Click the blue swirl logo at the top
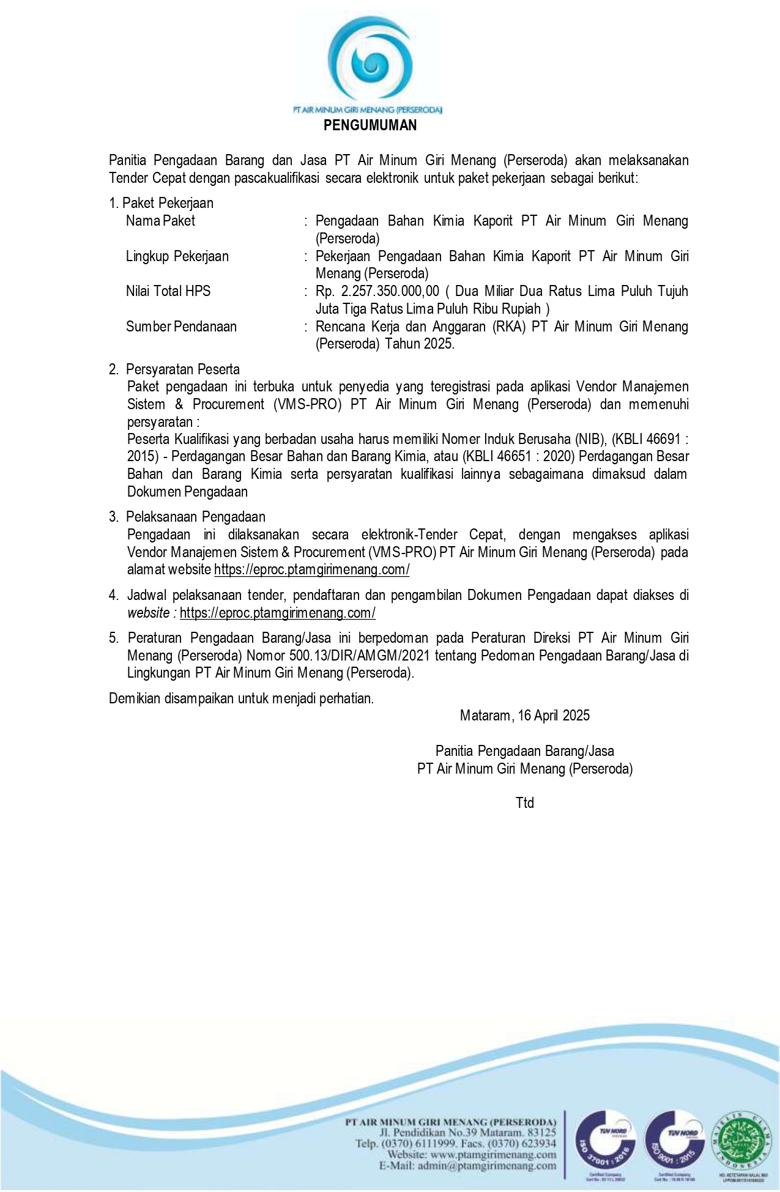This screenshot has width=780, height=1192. pyautogui.click(x=370, y=61)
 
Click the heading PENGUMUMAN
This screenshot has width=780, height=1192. pyautogui.click(x=370, y=125)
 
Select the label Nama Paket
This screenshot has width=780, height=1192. pyautogui.click(x=160, y=221)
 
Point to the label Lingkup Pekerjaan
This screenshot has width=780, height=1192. pyautogui.click(x=177, y=256)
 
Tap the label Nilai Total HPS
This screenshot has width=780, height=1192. pyautogui.click(x=168, y=291)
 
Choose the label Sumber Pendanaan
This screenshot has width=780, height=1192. pyautogui.click(x=181, y=327)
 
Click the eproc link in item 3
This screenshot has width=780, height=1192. pyautogui.click(x=311, y=570)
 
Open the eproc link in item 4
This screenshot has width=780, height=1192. pyautogui.click(x=277, y=613)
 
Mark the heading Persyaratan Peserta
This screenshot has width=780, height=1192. pyautogui.click(x=182, y=369)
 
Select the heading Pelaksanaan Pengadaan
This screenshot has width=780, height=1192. pyautogui.click(x=195, y=517)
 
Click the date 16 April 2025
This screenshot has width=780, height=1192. pyautogui.click(x=553, y=716)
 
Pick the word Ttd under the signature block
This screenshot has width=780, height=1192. pyautogui.click(x=524, y=803)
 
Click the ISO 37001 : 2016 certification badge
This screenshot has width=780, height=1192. pyautogui.click(x=604, y=1139)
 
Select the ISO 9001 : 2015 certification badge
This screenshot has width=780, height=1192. pyautogui.click(x=674, y=1139)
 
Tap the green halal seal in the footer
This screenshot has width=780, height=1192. pyautogui.click(x=743, y=1139)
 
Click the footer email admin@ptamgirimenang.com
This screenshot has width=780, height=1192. pyautogui.click(x=487, y=1166)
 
